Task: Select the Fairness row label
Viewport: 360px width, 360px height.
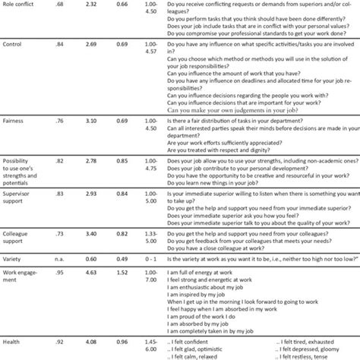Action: pyautogui.click(x=16, y=121)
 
